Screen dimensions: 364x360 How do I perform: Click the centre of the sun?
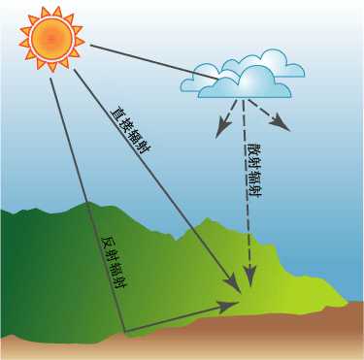pos(51,39)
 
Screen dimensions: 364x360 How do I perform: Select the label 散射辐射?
pos(253,170)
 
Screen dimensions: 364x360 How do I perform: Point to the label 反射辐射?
pos(115,264)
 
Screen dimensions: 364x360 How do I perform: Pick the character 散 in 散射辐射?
pos(253,149)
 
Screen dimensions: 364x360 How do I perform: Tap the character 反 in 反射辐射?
pos(109,243)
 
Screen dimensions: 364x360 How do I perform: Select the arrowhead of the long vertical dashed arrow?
pos(249,277)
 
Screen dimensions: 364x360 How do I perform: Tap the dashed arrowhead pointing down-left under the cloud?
pos(222,129)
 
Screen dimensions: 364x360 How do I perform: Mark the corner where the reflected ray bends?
pos(124,332)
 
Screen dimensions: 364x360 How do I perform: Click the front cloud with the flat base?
pos(245,84)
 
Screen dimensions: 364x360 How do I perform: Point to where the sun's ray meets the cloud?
pos(218,79)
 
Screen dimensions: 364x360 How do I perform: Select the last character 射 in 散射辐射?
pos(253,191)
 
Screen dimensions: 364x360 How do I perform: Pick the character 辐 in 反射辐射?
pos(116,270)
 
